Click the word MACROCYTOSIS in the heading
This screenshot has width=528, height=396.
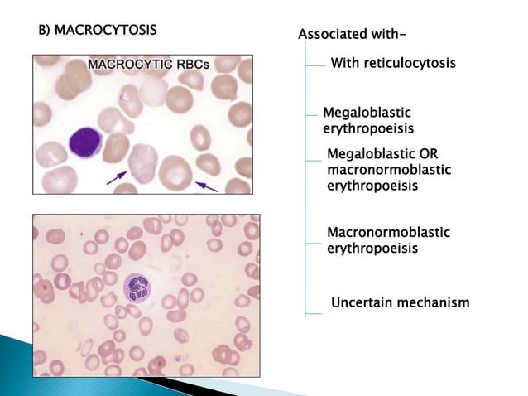tap(105, 31)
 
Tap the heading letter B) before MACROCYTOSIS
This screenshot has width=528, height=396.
tap(46, 31)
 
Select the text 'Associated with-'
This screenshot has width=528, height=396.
tap(352, 34)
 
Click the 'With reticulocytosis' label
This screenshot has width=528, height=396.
tap(393, 63)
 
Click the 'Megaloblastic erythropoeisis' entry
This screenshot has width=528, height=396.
tap(367, 120)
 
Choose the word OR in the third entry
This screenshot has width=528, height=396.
tap(429, 154)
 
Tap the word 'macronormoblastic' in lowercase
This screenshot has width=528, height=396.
tap(389, 170)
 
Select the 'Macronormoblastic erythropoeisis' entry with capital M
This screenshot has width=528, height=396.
tap(388, 240)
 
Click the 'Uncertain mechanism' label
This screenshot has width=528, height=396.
tap(400, 302)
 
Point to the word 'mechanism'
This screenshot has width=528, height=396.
tap(433, 302)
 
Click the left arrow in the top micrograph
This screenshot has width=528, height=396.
tap(117, 176)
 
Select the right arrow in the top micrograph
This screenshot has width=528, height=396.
tap(206, 186)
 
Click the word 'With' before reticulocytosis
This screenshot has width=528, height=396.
tap(344, 63)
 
